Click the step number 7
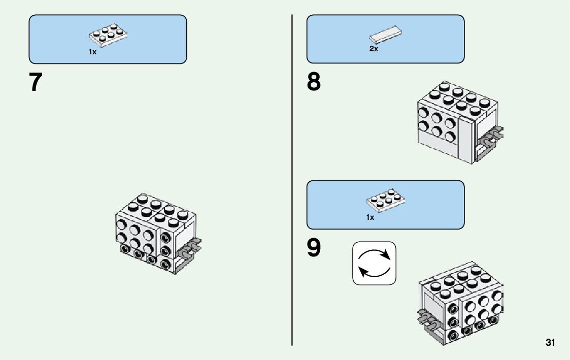click(36, 82)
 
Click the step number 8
click(314, 82)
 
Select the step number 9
click(314, 248)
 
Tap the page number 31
click(550, 342)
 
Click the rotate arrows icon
click(374, 263)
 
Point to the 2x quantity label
click(374, 49)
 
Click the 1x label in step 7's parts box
click(92, 52)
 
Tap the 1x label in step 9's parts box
click(370, 217)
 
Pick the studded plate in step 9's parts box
click(385, 201)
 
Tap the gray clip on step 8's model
click(491, 138)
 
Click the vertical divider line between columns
click(292, 178)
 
